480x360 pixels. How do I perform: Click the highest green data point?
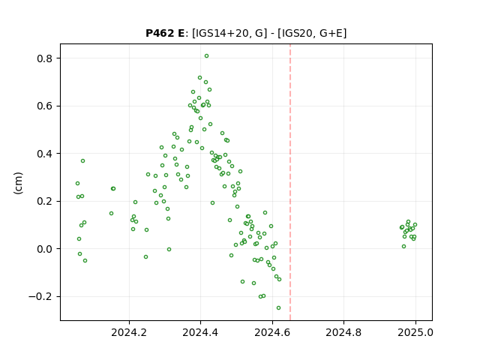pos(207,56)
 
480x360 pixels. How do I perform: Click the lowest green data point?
pos(278,308)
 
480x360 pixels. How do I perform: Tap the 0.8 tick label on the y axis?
pos(45,58)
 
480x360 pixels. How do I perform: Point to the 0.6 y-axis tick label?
pos(45,106)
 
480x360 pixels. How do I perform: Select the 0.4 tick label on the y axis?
pos(45,154)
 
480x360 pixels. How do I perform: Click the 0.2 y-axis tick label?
pos(45,202)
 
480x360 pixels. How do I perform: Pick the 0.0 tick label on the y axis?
pos(45,249)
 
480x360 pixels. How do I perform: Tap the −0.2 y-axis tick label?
pos(41,297)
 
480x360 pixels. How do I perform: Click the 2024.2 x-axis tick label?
pos(129,332)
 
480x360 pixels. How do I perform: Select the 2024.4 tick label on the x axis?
pos(200,332)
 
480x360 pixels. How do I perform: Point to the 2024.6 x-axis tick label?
pos(272,332)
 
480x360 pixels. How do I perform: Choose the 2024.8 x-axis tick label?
pos(343,332)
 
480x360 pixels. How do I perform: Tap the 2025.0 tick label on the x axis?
pos(415,332)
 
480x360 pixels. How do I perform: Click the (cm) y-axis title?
pos(18,183)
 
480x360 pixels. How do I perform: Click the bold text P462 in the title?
pos(160,33)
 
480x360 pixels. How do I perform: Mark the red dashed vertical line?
pos(290,182)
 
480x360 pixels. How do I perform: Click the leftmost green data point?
pos(77,183)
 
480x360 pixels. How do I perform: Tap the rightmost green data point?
pos(415,225)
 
